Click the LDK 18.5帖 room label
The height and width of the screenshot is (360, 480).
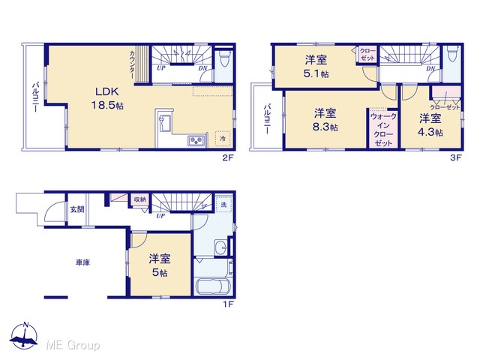tap(107, 98)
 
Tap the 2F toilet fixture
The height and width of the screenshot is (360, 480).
tap(225, 58)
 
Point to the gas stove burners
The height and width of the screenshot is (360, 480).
tap(196, 140)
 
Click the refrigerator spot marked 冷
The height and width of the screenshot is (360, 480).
tap(223, 138)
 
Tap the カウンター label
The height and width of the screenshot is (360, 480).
tap(132, 64)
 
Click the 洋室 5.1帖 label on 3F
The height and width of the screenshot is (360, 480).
tap(316, 67)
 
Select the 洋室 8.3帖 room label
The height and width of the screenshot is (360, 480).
tap(325, 120)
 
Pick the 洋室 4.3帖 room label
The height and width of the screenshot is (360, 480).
tap(430, 124)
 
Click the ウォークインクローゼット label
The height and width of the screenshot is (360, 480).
tap(383, 130)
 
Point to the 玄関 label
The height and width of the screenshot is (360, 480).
tap(76, 210)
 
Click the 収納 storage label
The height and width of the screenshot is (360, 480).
tap(140, 199)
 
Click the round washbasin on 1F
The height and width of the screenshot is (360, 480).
tap(220, 247)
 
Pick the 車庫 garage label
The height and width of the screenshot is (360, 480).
tap(82, 262)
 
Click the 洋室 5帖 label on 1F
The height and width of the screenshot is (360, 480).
tap(160, 265)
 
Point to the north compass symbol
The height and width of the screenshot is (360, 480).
tap(24, 335)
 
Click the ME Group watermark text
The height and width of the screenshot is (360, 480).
tap(73, 345)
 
